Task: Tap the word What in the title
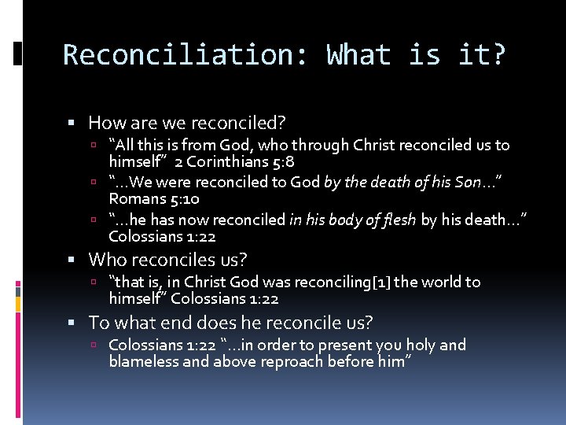(358, 55)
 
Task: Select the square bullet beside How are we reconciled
(72, 124)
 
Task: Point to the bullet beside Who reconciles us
(72, 260)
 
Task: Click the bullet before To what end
(72, 323)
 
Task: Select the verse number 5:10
(182, 199)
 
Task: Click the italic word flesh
(399, 220)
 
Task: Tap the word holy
(418, 345)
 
